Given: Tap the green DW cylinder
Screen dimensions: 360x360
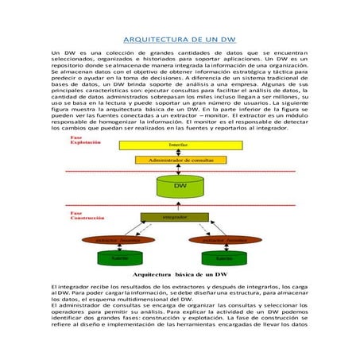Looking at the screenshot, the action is point(180,188).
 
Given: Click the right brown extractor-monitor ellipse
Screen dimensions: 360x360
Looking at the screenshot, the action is point(225,238).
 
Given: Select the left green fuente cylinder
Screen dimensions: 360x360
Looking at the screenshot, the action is point(119,257).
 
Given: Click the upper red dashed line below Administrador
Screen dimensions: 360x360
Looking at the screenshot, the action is point(180,168).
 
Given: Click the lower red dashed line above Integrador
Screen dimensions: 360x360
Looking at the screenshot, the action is point(180,209).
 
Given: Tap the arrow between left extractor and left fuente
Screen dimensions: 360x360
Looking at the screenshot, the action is point(119,246).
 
